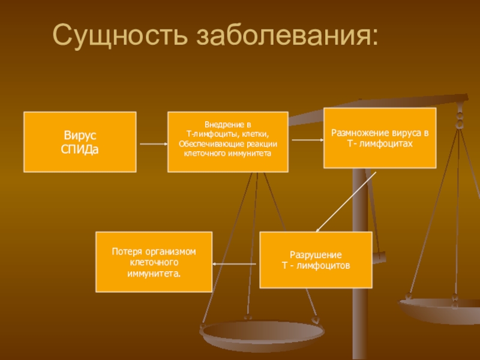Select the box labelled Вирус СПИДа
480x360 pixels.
click(80, 142)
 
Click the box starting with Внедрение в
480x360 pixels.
click(227, 142)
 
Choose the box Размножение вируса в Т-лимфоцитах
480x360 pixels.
click(380, 137)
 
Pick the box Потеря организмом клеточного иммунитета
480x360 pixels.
click(154, 262)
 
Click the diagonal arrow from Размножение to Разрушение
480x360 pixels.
click(346, 201)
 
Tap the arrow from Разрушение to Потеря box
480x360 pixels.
click(236, 263)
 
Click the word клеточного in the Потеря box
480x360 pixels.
click(154, 262)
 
